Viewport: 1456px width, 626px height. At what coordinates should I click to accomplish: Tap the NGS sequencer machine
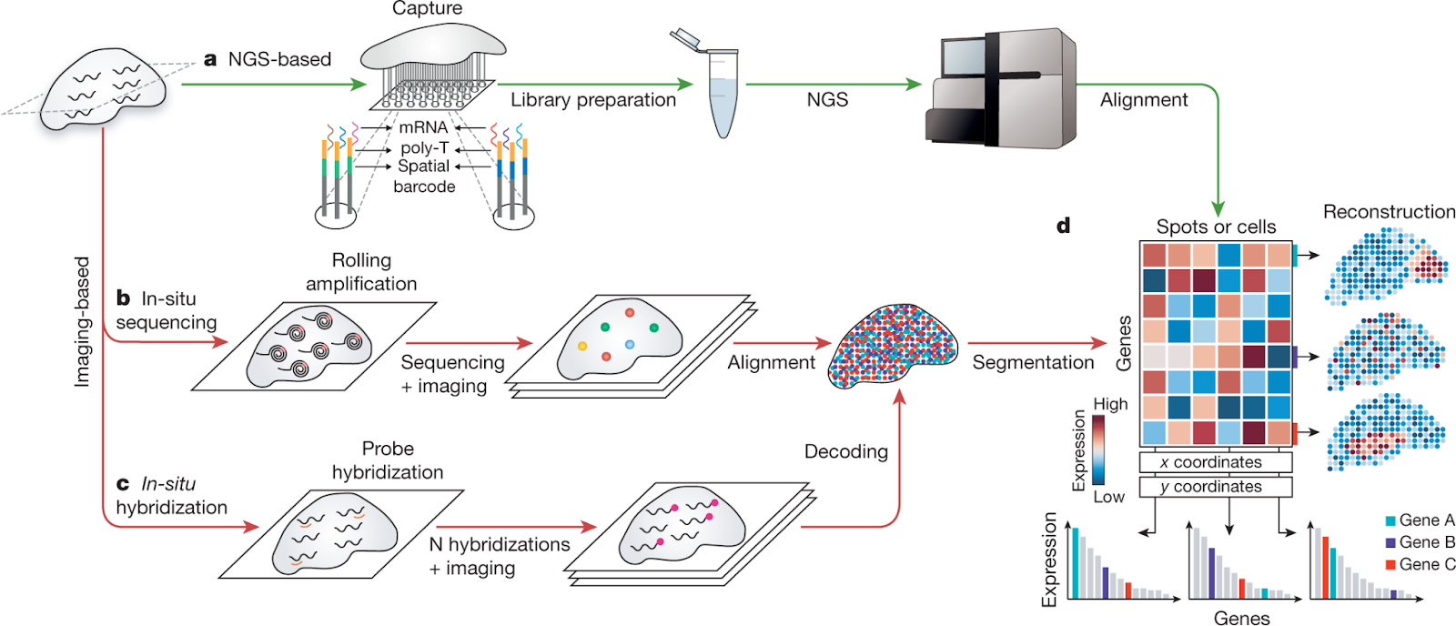coord(1001,91)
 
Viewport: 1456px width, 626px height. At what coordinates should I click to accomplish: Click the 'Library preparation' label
coord(593,100)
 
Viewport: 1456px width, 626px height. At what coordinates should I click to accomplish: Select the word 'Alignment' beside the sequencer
coord(1144,100)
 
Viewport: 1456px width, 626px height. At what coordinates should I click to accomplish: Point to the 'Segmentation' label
coord(1033,362)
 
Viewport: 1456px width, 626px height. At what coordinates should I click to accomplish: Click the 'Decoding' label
coord(845,451)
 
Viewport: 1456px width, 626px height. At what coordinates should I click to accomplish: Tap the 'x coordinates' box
coord(1215,462)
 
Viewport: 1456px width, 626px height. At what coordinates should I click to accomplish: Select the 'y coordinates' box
coord(1215,487)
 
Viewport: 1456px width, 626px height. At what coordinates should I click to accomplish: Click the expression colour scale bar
coord(1099,449)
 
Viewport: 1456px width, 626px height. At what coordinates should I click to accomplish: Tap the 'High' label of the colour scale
coord(1110,404)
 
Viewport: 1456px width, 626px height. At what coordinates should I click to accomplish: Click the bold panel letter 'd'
coord(1063,225)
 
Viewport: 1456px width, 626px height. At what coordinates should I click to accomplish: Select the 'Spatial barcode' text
coord(424,177)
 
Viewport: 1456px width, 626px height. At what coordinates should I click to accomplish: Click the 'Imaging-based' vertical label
coord(82,321)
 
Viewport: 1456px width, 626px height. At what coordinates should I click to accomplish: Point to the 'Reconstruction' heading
coord(1389,212)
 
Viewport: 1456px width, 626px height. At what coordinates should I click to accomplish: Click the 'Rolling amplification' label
coord(361,272)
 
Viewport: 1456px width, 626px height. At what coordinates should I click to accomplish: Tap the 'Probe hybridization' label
coord(388,460)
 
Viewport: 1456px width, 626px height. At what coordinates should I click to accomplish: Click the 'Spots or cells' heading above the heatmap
coord(1216,227)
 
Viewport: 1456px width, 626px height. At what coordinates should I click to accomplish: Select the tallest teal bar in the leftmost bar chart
coord(1075,562)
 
